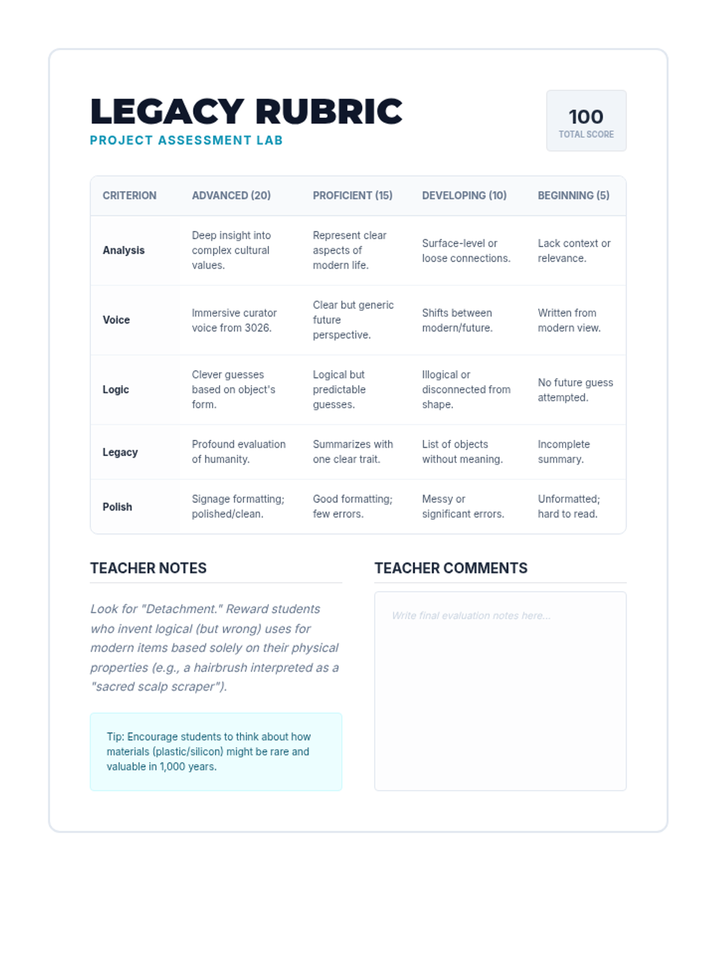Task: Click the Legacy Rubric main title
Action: coord(246,112)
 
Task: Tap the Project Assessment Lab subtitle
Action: coord(186,140)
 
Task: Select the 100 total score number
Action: coord(585,116)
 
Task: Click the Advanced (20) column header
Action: coord(231,195)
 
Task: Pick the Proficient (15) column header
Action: coord(352,195)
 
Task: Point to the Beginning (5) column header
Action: coord(573,195)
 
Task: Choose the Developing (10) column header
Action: coord(464,195)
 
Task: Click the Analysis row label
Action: coord(124,250)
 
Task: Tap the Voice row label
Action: coord(116,320)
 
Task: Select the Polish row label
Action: coord(117,507)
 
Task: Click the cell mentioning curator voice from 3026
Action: coord(234,321)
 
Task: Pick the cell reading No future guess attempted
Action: coord(575,390)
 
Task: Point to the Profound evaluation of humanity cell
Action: coord(238,452)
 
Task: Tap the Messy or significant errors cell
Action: coord(462,507)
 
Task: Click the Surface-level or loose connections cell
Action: coord(465,251)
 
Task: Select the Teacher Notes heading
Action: coord(148,568)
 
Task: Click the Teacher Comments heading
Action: coord(450,568)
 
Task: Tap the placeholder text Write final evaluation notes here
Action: coord(471,615)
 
